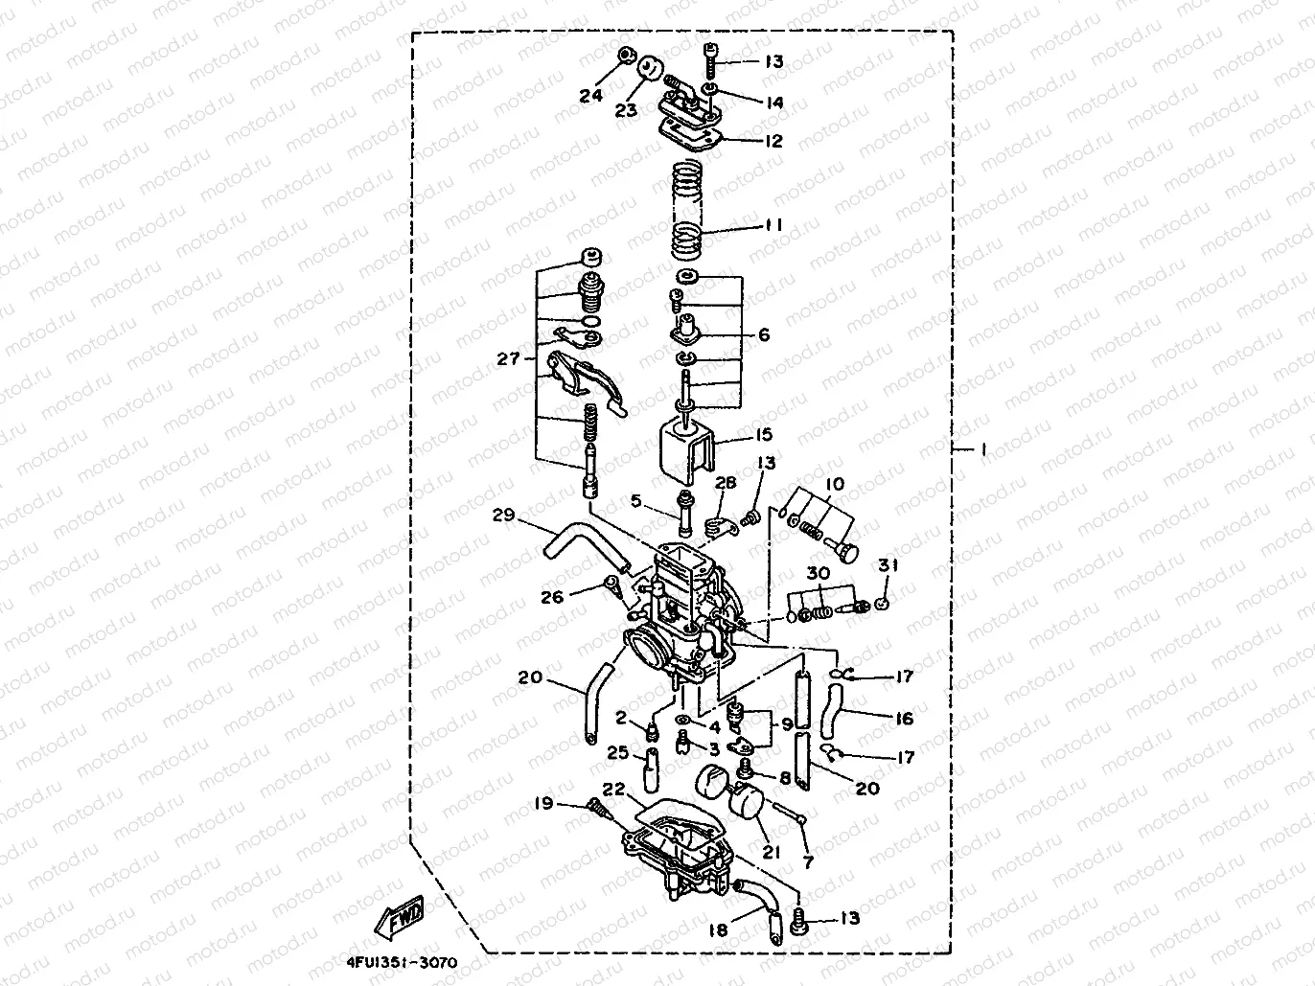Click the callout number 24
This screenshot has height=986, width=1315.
[x=590, y=95]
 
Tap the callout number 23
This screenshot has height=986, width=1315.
[x=626, y=111]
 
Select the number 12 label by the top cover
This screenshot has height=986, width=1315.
[x=773, y=141]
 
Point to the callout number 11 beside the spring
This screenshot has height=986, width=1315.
[x=773, y=225]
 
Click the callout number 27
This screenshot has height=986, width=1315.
[x=508, y=358]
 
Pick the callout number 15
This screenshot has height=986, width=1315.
[x=762, y=436]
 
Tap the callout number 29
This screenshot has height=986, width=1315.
[x=504, y=516]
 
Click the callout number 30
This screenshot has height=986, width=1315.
[x=817, y=574]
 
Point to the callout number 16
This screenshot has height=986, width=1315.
[x=903, y=718]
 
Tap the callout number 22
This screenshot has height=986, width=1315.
[x=614, y=789]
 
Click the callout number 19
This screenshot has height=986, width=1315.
[x=543, y=803]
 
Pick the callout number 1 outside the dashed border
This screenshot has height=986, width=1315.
[x=981, y=450]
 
